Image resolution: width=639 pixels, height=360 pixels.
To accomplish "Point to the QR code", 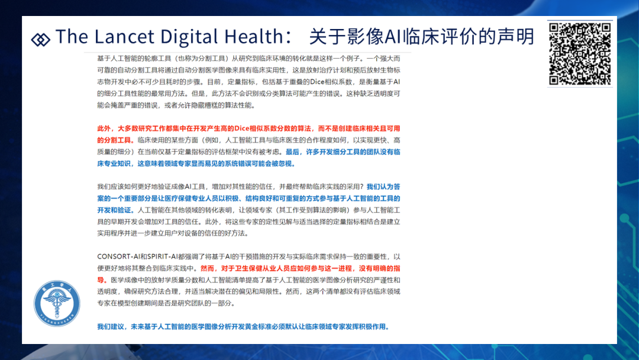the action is tap(579, 54).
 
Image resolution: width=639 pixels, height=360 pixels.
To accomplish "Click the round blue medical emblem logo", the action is tap(57, 303).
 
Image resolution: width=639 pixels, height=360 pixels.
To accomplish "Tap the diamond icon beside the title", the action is tap(40, 40).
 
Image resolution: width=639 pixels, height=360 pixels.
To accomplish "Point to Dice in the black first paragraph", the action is tap(317, 82).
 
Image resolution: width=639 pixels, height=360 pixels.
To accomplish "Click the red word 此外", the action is tap(104, 128).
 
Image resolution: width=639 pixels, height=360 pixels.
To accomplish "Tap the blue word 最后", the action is tap(292, 152).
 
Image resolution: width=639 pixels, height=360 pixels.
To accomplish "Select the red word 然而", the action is tap(208, 268).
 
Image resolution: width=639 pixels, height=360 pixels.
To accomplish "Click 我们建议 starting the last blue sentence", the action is tap(111, 327).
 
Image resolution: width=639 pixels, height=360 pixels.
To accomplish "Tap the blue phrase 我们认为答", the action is tap(383, 187).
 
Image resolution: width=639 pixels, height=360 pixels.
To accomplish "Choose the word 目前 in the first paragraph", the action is tap(214, 82).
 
